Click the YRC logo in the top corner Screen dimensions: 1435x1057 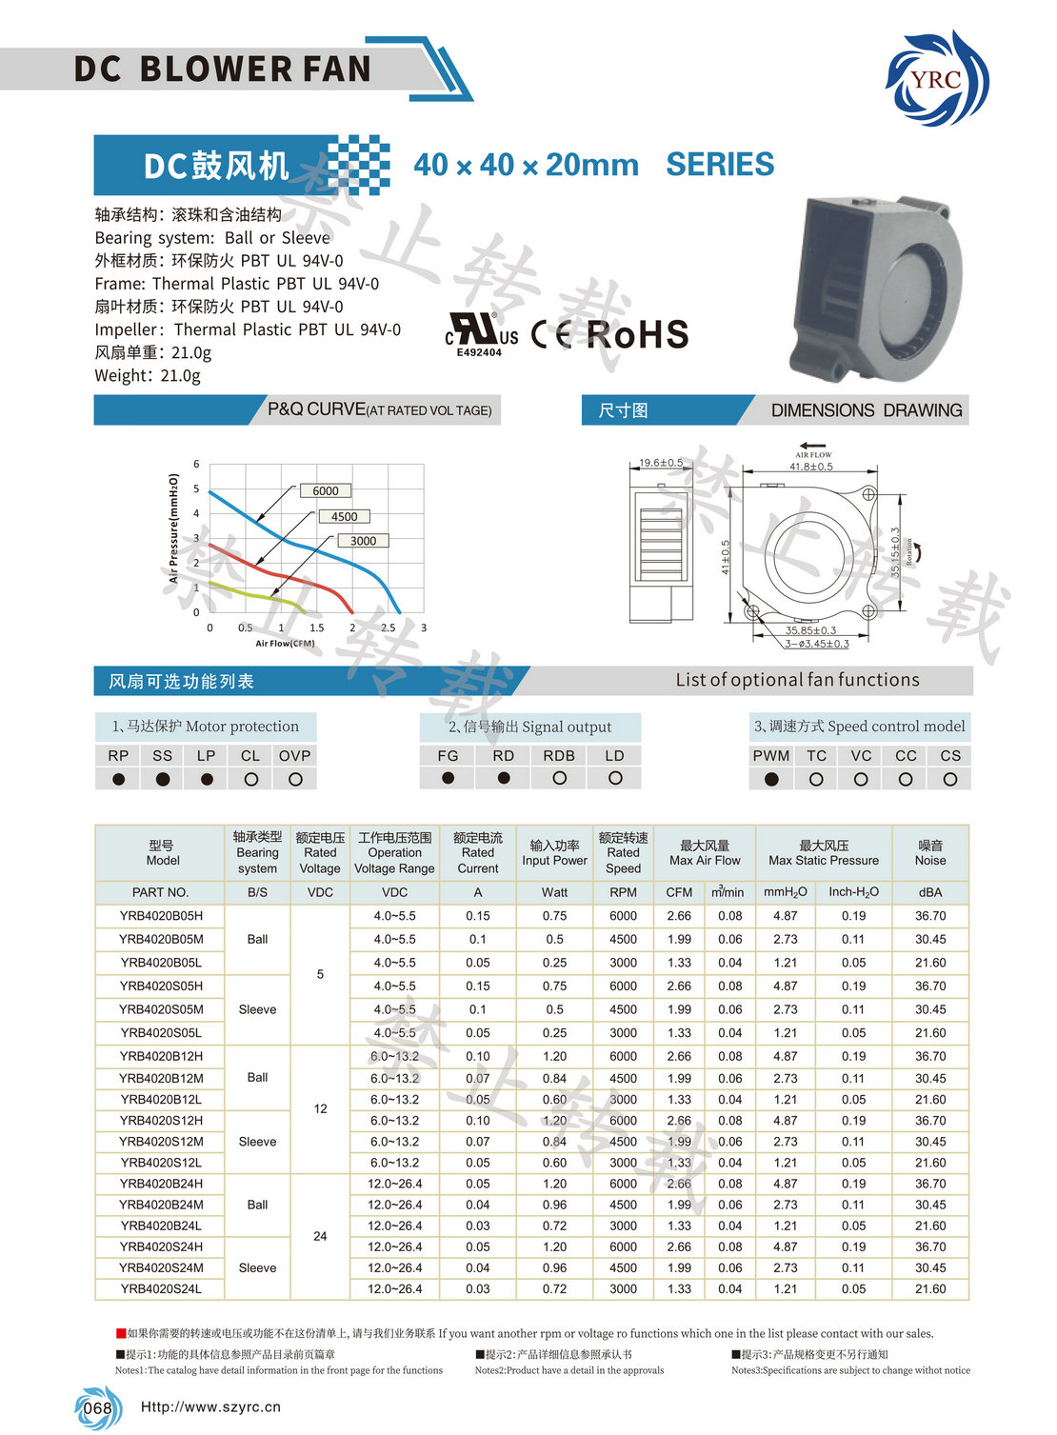coord(936,78)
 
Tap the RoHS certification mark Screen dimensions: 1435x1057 coord(637,334)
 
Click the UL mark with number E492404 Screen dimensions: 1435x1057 coord(481,335)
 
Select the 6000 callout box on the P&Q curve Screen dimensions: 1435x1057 coord(326,491)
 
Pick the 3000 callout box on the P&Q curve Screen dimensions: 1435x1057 coord(363,541)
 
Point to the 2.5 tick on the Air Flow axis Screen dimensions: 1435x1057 coord(389,628)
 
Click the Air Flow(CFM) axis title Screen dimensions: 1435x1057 coord(285,644)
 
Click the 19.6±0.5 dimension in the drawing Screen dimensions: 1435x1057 coord(661,463)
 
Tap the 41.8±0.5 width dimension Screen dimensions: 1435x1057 coord(811,467)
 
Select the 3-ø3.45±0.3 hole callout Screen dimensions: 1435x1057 coord(817,644)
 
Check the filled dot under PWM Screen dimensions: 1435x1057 coord(771,779)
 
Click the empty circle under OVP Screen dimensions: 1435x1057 coord(295,779)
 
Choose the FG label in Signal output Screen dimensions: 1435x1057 coord(448,755)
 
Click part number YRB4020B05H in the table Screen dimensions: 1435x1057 coord(161,916)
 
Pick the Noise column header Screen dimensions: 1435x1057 coord(930,853)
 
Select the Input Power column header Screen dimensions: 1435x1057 coord(554,853)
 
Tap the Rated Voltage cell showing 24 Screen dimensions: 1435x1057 coord(320,1236)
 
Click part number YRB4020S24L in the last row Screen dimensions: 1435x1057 coord(161,1289)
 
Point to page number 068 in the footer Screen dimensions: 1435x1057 coord(97,1408)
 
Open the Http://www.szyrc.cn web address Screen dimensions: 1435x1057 coord(210,1407)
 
